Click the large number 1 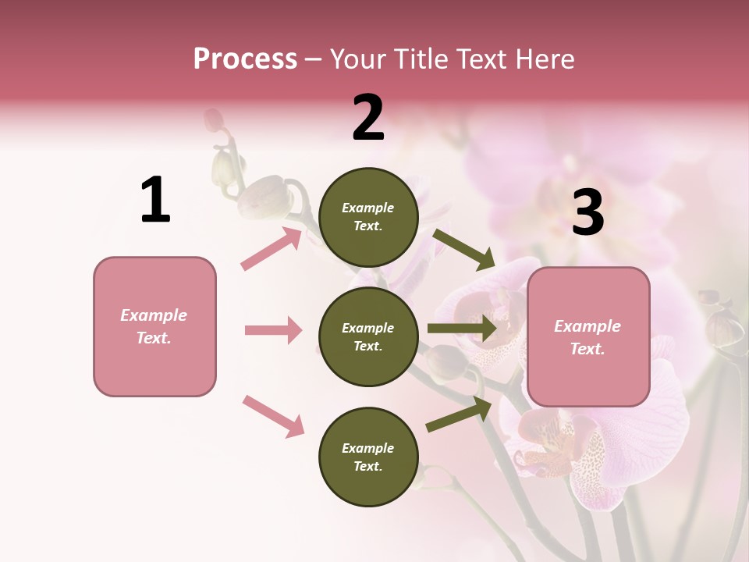(x=155, y=200)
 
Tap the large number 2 (x=368, y=118)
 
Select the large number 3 (x=587, y=213)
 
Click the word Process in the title (x=245, y=59)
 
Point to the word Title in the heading (x=421, y=59)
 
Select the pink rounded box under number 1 (x=154, y=326)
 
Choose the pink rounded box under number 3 (x=588, y=337)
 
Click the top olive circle (x=368, y=217)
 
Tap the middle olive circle (x=368, y=337)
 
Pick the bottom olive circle (x=368, y=457)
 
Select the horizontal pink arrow (x=273, y=330)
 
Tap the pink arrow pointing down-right (x=274, y=416)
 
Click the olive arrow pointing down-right (x=464, y=249)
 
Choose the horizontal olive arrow (x=462, y=329)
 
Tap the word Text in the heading (x=477, y=59)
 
